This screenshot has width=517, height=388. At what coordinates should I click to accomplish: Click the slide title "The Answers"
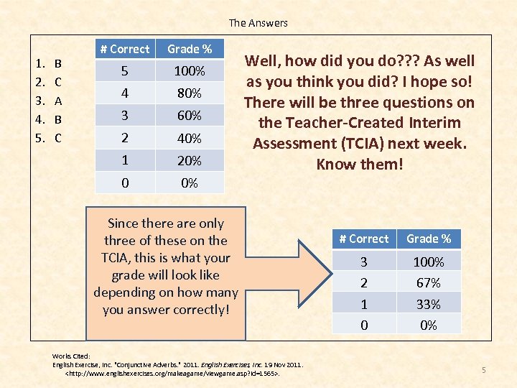[258, 23]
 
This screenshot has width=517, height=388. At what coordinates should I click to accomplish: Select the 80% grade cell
[190, 93]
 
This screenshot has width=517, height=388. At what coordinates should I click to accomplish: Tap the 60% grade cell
[190, 116]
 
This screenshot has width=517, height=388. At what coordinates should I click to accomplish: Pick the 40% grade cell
[190, 138]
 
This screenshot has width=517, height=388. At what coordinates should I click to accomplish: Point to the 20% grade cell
[190, 160]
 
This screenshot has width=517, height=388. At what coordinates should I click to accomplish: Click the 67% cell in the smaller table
[429, 283]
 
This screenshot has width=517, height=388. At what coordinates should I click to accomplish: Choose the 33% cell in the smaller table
[429, 304]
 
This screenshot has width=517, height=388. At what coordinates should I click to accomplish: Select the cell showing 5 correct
[125, 71]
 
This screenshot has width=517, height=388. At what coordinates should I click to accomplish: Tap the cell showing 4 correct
[125, 93]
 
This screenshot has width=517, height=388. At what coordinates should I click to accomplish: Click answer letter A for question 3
[58, 101]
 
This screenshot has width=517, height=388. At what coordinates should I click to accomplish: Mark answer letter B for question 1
[58, 64]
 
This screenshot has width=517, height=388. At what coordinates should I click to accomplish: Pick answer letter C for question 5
[58, 138]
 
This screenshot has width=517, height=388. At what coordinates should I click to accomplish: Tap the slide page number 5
[484, 370]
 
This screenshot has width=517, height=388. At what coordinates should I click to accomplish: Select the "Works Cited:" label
[71, 356]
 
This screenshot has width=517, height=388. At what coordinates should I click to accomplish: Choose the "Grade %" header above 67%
[429, 239]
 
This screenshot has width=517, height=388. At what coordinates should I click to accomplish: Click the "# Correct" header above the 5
[125, 49]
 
